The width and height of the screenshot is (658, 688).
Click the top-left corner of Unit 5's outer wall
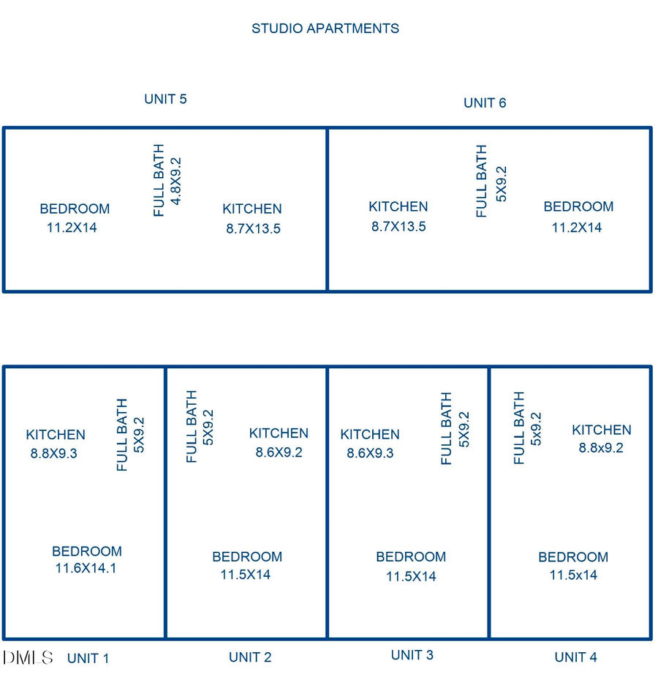4,128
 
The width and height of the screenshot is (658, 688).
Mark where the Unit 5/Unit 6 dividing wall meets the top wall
327,128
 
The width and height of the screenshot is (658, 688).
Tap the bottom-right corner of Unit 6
651,291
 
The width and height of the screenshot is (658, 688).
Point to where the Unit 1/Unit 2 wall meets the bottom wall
165,638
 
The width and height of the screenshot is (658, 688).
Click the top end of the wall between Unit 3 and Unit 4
489,367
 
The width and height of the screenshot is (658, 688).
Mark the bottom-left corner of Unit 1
4,638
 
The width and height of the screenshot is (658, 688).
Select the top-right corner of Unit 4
651,367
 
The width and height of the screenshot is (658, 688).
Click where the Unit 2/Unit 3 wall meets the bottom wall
327,638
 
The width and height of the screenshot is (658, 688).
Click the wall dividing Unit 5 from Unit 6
327,210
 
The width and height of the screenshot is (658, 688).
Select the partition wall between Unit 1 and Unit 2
165,503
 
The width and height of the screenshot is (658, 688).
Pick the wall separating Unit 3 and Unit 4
489,503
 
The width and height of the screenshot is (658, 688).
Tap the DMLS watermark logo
28,657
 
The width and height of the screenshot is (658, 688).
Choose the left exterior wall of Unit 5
4,210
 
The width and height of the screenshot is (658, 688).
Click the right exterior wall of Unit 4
651,503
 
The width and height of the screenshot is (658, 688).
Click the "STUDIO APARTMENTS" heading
325,29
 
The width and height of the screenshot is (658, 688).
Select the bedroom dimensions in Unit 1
86,568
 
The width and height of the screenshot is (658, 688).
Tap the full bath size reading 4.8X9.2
175,182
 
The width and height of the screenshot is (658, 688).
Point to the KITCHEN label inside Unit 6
398,206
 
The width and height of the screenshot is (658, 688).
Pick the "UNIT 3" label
412,655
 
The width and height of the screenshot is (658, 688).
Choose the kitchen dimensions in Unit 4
601,447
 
